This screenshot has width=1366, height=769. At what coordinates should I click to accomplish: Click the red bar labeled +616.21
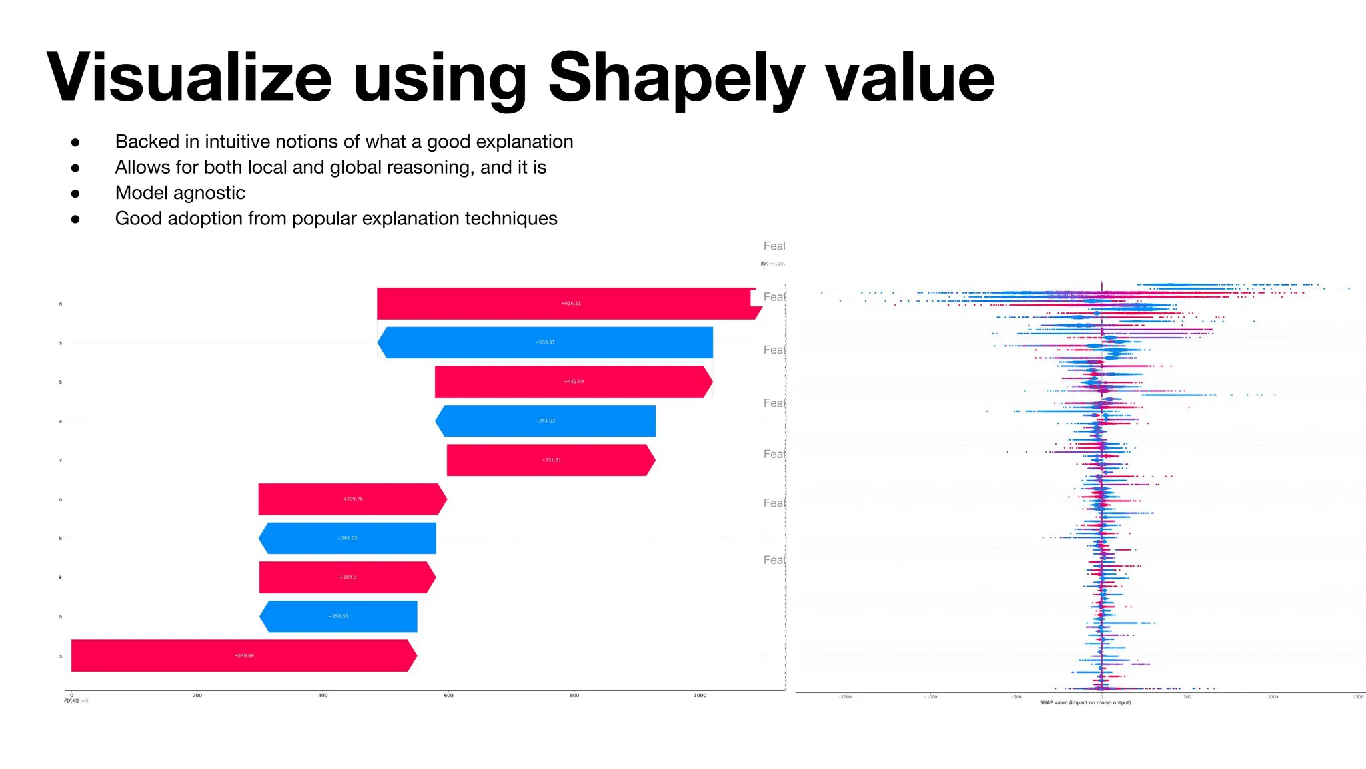click(x=567, y=304)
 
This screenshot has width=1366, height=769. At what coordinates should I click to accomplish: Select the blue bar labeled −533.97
click(x=546, y=342)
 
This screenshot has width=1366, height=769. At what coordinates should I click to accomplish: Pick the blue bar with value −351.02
click(x=546, y=421)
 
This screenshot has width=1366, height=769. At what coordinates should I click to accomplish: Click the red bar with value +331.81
click(x=551, y=460)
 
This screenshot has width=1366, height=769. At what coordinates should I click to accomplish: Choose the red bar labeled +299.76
click(x=352, y=499)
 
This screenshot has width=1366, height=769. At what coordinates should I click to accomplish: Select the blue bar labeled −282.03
click(x=348, y=538)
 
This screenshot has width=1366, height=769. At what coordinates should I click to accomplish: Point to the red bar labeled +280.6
click(x=347, y=577)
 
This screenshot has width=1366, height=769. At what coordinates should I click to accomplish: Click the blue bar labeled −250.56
click(x=338, y=616)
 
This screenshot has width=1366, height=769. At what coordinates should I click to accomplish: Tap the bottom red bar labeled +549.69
click(x=243, y=656)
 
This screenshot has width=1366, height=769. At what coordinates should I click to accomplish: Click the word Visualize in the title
click(x=189, y=78)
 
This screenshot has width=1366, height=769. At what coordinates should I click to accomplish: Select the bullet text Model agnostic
click(x=180, y=193)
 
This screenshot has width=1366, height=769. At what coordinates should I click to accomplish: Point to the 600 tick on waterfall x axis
click(x=449, y=696)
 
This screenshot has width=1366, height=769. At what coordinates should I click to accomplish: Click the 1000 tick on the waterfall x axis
click(x=700, y=696)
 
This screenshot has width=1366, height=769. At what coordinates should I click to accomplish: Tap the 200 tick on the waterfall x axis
click(x=197, y=696)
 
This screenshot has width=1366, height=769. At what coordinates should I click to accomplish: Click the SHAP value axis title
click(x=1085, y=703)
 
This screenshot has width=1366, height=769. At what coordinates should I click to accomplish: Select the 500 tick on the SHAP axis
click(x=1187, y=697)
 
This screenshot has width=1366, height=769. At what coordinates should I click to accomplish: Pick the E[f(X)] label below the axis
click(x=71, y=701)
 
